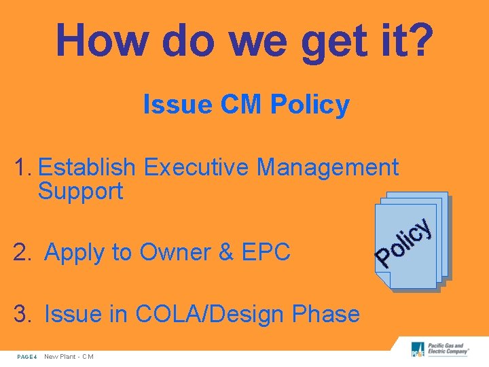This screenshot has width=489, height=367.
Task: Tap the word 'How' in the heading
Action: click(100, 39)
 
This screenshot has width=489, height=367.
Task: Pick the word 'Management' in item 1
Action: click(328, 167)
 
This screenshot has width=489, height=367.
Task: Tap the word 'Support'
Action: click(80, 192)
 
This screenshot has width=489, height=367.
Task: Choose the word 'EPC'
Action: click(268, 253)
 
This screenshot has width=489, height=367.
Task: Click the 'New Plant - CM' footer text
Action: click(69, 357)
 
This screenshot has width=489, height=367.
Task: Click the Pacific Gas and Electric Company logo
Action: click(439, 349)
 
